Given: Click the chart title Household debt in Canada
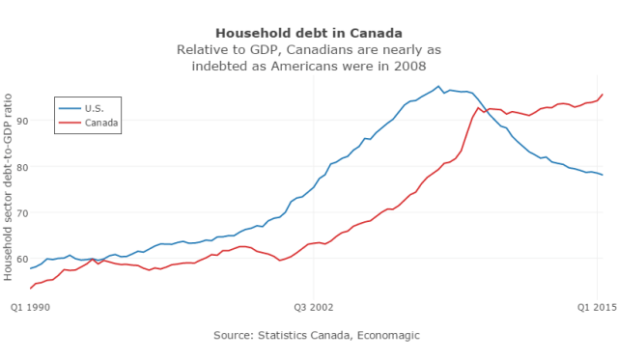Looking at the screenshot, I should click(x=308, y=33).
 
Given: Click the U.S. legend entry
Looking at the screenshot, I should click(x=95, y=107).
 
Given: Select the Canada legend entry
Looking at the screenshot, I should click(x=101, y=123).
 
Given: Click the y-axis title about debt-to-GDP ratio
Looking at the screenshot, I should click(x=9, y=185).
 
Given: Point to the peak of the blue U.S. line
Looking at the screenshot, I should click(x=438, y=86).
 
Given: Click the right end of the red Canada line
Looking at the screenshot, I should click(x=603, y=95).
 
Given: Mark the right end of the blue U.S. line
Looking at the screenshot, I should click(x=603, y=175).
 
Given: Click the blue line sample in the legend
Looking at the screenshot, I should click(x=70, y=107).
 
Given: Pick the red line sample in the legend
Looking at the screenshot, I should click(x=70, y=123).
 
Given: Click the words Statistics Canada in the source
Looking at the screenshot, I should click(x=305, y=335).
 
